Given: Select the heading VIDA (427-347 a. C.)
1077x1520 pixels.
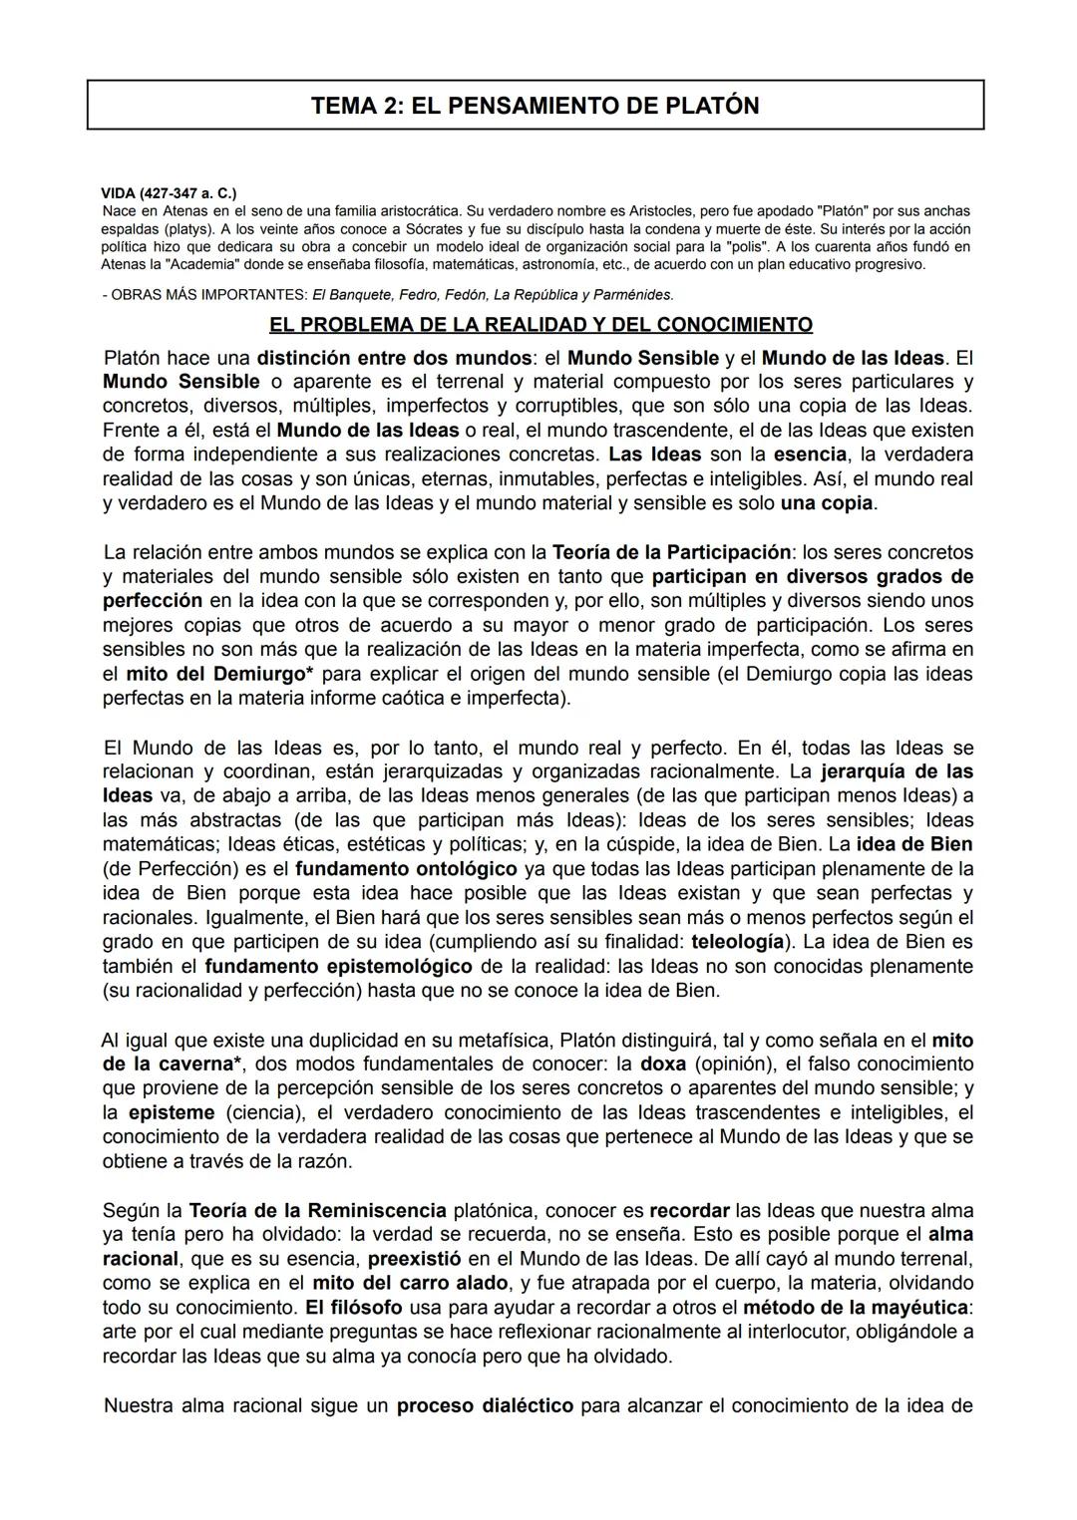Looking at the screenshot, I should tap(169, 192).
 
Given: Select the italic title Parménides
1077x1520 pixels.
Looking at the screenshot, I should tap(632, 295).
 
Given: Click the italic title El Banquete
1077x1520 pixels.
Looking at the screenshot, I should tap(351, 295).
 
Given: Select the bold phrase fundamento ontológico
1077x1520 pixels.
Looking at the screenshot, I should tap(406, 868).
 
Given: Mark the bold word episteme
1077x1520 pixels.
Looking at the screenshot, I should tap(172, 1112).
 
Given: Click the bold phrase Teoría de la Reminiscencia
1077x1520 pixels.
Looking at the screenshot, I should tap(317, 1211).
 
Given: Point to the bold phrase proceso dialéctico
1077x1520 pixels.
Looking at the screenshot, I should tap(485, 1406).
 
